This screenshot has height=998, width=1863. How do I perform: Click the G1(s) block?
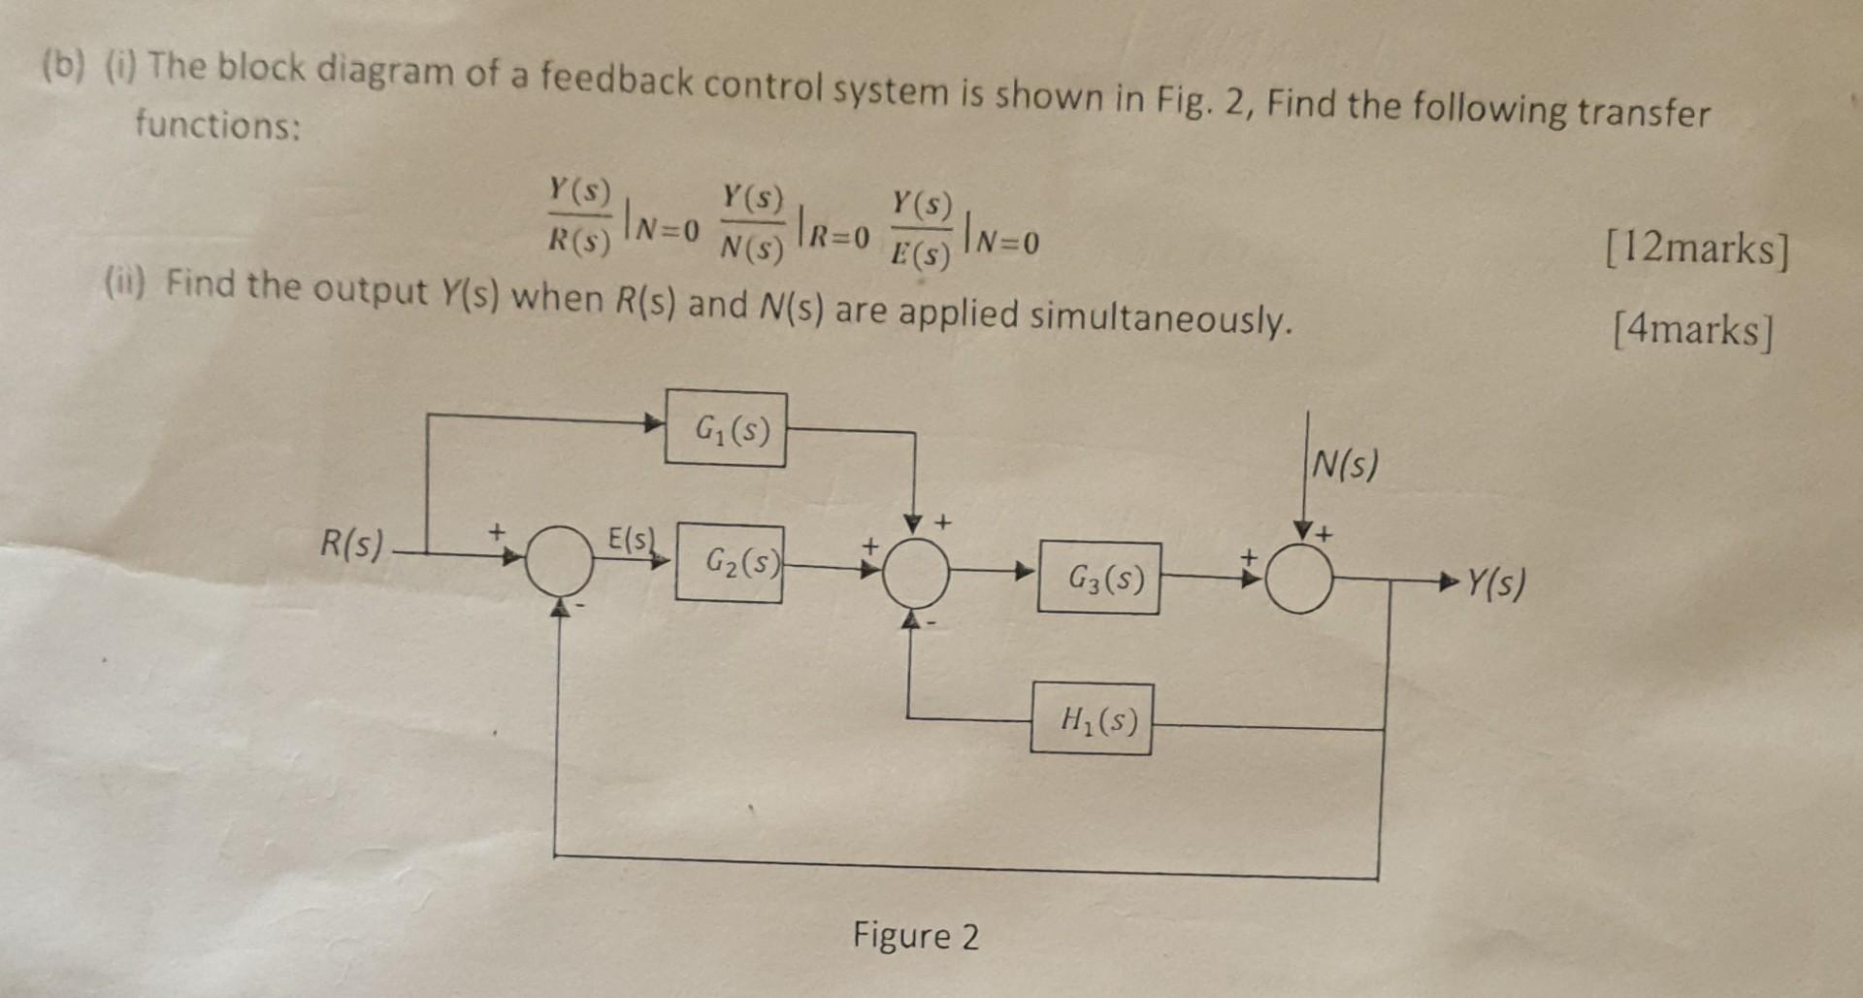pos(726,429)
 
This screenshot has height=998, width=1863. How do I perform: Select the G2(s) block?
pos(730,562)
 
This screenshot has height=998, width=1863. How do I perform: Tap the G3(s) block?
pos(1098,579)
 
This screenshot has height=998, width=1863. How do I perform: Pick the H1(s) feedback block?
pos(1092,719)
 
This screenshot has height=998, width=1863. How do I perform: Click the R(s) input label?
pos(352,544)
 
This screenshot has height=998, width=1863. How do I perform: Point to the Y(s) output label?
pos(1495,582)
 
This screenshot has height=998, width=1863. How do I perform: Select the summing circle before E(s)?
pos(560,560)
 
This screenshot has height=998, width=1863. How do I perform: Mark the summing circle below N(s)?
pos(1299,579)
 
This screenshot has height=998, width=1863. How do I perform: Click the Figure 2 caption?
pos(915,936)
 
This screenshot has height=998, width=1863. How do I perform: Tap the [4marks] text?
pos(1693,331)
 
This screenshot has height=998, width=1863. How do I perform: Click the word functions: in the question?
pos(218,124)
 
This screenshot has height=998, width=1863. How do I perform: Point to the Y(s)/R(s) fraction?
pos(580,216)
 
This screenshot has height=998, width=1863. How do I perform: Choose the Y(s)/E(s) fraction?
pos(922,229)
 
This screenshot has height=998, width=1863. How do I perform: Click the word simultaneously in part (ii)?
pos(1160,317)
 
